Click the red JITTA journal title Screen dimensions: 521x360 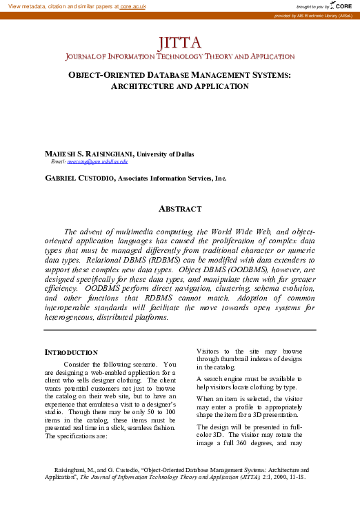pos(179,45)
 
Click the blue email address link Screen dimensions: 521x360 pos(97,161)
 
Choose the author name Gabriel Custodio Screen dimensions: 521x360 pos(76,178)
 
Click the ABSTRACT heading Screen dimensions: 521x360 pos(180,209)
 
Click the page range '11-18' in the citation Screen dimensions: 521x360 pos(295,476)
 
